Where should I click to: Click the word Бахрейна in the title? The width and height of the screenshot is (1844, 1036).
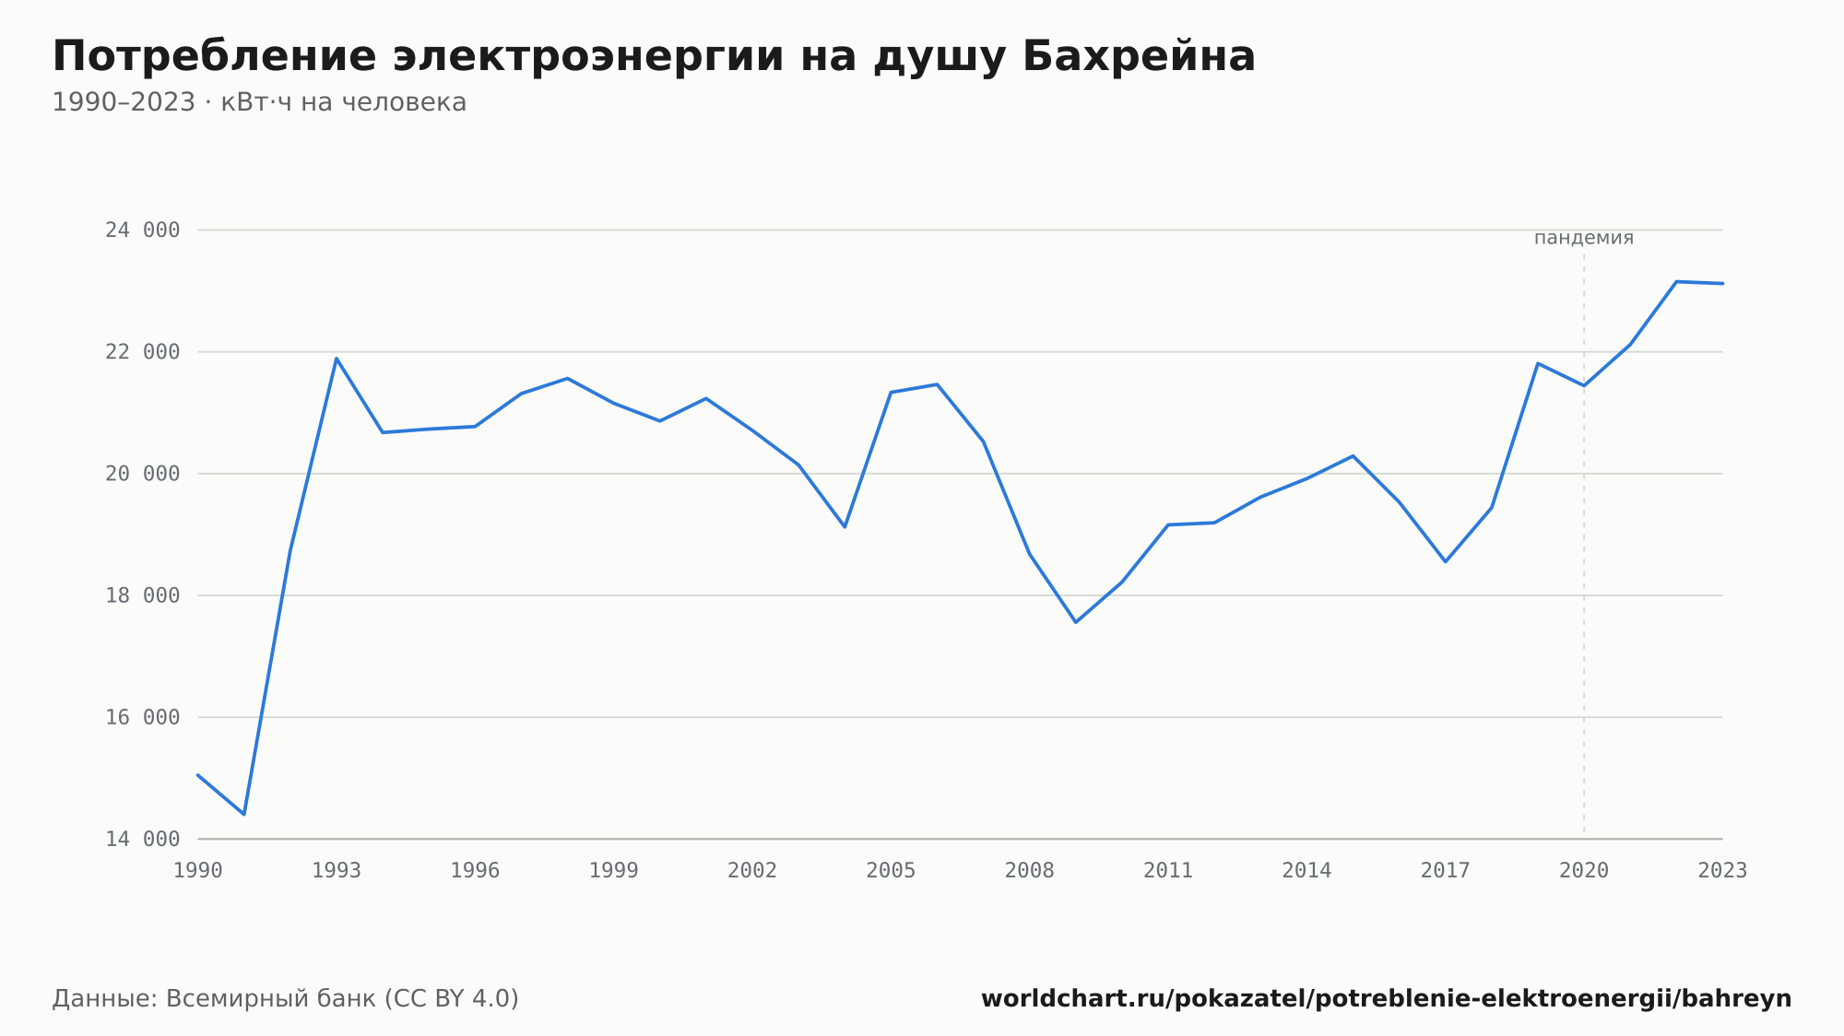point(1139,56)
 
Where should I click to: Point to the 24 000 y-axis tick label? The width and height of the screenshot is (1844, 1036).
point(143,230)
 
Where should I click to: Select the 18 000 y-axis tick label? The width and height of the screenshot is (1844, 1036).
point(143,595)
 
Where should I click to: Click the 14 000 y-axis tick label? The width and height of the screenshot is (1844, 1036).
point(143,839)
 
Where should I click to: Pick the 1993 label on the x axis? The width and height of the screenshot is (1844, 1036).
point(337,871)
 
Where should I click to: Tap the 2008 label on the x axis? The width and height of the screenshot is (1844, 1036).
point(1030,871)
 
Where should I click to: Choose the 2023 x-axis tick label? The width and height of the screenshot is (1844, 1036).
point(1722,871)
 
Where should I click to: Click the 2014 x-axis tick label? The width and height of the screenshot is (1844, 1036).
point(1306,871)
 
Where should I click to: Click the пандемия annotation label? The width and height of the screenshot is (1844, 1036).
point(1584,238)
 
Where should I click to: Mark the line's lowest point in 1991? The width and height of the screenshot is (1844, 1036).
point(244,815)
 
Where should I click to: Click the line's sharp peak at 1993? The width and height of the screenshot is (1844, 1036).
point(337,359)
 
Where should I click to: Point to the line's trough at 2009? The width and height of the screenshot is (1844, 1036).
point(1076,622)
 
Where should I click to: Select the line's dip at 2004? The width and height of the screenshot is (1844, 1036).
point(845,526)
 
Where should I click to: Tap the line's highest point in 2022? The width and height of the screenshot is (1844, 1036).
point(1676,281)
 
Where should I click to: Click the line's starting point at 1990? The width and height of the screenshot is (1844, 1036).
point(198,775)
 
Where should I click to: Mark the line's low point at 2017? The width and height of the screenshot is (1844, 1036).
point(1446,561)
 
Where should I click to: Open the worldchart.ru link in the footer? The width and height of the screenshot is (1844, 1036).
point(1386,999)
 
